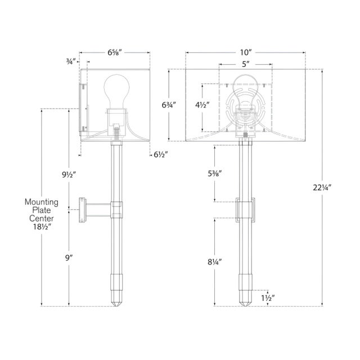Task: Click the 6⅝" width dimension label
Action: (115, 52)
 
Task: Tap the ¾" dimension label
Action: (71, 61)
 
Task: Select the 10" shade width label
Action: (246, 52)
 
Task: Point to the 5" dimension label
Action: (246, 64)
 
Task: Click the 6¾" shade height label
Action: (169, 105)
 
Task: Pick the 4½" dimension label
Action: (202, 105)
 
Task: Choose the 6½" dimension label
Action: (161, 155)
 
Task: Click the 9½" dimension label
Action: (69, 175)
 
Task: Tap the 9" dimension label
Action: (69, 258)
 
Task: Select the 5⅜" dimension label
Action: (215, 174)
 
